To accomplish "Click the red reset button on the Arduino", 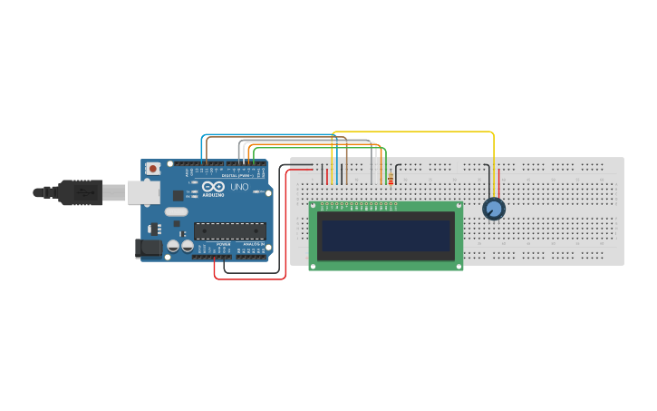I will tap(153, 169).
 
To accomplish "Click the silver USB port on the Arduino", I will tap(140, 191).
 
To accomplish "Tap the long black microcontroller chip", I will tap(229, 231).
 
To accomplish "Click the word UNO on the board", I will tap(239, 187).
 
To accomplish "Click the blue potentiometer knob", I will tap(493, 209).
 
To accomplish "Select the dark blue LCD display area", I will tap(386, 235).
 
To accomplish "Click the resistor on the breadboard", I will tap(391, 178).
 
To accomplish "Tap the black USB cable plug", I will tap(82, 192).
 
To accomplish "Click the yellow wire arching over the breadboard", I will tap(417, 132).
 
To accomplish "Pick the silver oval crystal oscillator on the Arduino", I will tap(177, 212).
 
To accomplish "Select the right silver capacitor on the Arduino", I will tap(187, 246).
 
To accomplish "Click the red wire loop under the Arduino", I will tap(250, 279).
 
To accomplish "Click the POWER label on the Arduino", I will tap(223, 245).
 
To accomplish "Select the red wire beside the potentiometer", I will tap(498, 181).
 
